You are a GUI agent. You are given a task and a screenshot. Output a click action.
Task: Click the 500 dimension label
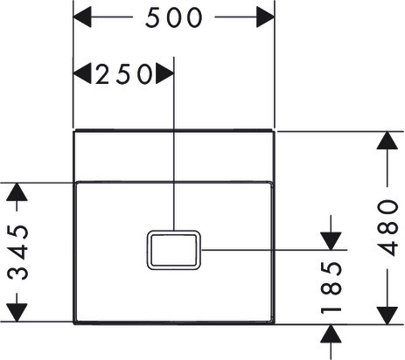click(x=174, y=17)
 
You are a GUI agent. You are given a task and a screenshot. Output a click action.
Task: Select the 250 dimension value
click(x=123, y=74)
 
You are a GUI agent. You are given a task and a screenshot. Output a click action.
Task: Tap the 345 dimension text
click(x=17, y=253)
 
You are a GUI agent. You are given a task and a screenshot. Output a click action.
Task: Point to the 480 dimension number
click(x=388, y=227)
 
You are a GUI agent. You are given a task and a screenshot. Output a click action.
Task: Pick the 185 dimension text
click(x=331, y=287)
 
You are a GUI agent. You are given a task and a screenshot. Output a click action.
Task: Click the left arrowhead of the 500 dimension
click(x=82, y=17)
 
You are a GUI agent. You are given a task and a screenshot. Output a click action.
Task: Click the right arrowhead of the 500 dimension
click(x=265, y=17)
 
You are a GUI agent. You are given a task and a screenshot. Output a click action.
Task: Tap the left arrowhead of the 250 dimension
click(x=82, y=73)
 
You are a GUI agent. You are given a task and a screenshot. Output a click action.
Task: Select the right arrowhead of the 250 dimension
click(x=164, y=73)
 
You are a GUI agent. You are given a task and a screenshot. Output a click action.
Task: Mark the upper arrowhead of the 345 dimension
click(x=17, y=192)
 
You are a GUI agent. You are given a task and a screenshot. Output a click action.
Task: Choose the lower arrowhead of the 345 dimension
click(x=17, y=313)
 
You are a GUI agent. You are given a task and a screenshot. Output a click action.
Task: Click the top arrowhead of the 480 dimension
click(x=388, y=141)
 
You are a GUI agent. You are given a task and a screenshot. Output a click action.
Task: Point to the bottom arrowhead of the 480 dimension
click(x=388, y=315)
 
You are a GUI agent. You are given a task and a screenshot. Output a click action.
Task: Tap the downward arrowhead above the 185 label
click(x=331, y=241)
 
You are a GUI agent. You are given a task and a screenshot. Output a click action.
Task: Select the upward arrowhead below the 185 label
click(x=331, y=334)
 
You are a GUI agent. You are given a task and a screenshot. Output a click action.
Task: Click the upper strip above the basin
click(x=174, y=156)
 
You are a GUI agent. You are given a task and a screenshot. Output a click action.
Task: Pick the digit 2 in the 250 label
click(x=103, y=74)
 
